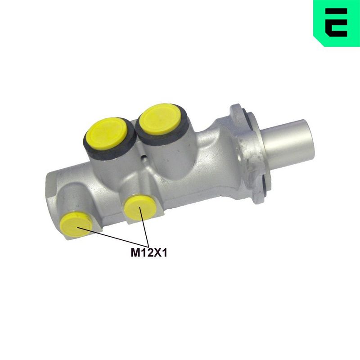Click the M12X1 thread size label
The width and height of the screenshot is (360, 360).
(x=149, y=253)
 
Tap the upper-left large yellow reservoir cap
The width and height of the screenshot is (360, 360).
(x=106, y=134)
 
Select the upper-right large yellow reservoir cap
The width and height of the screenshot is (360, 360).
(x=160, y=119)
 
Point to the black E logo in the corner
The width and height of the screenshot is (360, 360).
(x=336, y=22)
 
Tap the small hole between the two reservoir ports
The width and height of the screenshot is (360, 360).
(x=144, y=158)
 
